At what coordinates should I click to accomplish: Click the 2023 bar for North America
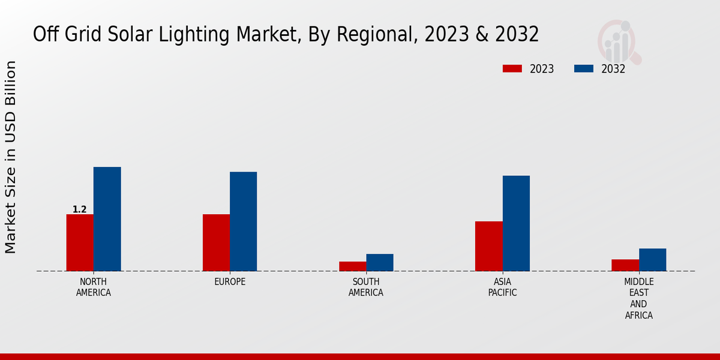(x=80, y=242)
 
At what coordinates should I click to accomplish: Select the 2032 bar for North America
(x=107, y=219)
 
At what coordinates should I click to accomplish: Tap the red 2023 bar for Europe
(x=216, y=242)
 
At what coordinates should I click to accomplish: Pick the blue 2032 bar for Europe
(x=243, y=221)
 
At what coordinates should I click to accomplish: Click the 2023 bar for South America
(x=352, y=266)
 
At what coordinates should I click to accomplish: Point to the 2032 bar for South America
(x=380, y=262)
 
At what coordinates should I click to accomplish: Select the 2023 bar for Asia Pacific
(x=488, y=246)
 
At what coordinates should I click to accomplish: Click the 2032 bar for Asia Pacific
(x=516, y=223)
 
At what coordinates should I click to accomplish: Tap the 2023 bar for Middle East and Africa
(x=625, y=265)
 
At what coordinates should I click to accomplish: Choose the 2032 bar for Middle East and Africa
(x=652, y=260)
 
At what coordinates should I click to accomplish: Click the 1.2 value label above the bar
(x=80, y=209)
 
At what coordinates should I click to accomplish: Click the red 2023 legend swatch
(x=512, y=68)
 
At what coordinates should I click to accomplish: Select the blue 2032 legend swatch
(x=584, y=68)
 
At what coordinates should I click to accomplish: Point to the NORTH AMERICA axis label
(x=93, y=287)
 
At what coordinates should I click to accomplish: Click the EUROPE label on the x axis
(x=230, y=282)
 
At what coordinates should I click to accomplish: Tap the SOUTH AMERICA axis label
(x=366, y=287)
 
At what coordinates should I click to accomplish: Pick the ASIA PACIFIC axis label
(x=502, y=287)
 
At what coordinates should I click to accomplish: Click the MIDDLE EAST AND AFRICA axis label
(x=638, y=298)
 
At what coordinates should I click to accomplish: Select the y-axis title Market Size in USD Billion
(x=11, y=157)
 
